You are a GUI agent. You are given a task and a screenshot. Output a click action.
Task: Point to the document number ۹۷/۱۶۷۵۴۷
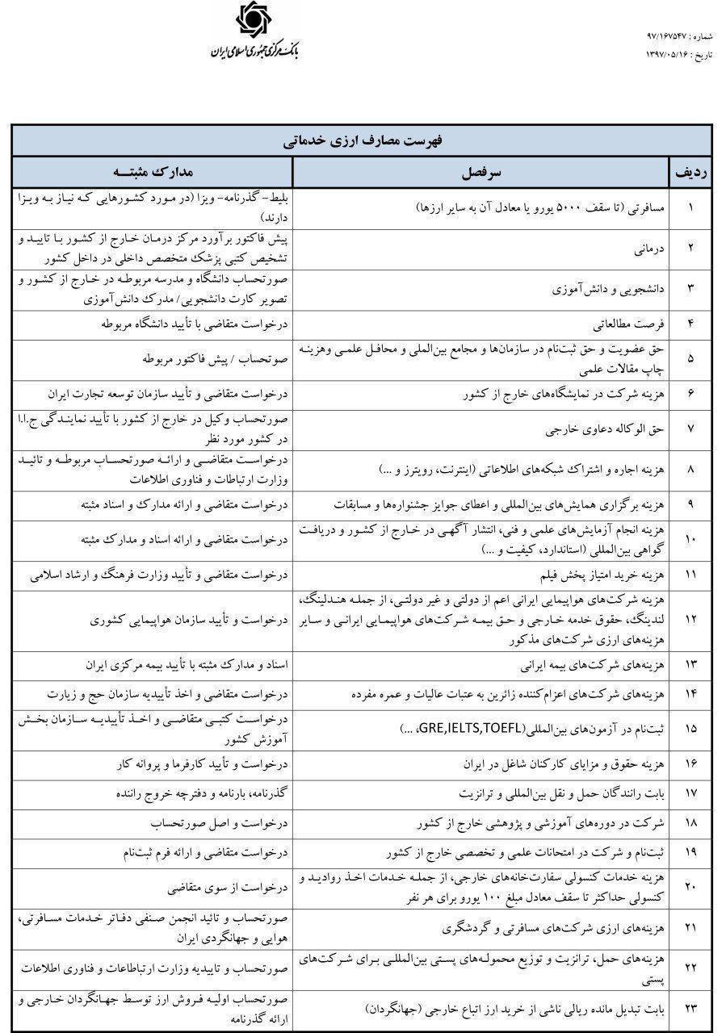coord(670,37)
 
